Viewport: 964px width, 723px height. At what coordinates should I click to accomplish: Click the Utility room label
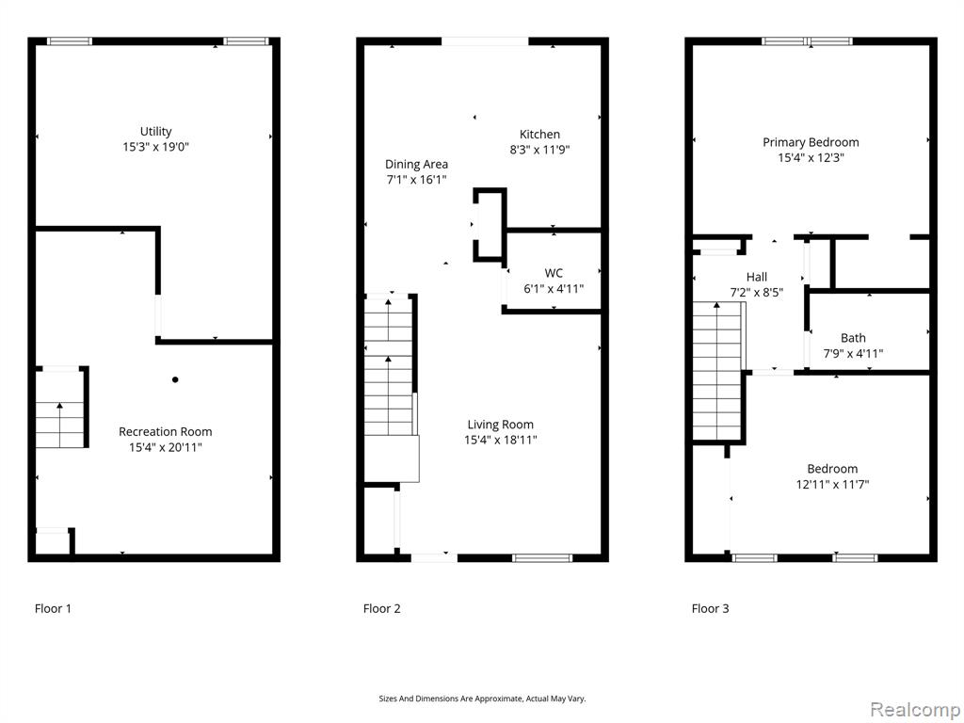point(155,132)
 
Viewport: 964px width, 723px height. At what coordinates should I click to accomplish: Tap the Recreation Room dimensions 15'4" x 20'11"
point(166,447)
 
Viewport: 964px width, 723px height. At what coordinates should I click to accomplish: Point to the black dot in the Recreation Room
point(175,380)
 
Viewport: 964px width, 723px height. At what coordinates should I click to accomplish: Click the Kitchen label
point(539,135)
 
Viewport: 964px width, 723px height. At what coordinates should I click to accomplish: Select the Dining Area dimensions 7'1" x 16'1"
point(416,180)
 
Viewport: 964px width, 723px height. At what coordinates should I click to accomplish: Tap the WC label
point(554,273)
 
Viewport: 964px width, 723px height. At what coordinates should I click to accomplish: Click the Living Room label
point(501,425)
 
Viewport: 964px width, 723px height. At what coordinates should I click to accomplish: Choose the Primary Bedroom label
point(811,143)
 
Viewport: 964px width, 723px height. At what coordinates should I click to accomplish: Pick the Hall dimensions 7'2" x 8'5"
point(756,293)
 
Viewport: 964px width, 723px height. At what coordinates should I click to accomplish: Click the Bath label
point(853,338)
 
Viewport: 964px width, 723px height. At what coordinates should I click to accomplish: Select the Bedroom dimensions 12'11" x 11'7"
point(832,485)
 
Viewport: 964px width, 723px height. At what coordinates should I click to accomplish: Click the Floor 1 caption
point(53,609)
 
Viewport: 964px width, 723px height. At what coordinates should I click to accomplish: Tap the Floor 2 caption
point(382,609)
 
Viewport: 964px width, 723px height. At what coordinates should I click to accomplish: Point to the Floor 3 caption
point(710,609)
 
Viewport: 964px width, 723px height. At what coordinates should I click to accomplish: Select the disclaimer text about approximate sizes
point(482,699)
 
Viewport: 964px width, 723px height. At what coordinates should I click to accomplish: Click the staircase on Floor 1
point(59,425)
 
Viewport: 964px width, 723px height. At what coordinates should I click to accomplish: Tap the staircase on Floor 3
point(717,371)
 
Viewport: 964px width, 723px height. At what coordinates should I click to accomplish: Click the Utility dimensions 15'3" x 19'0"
point(155,148)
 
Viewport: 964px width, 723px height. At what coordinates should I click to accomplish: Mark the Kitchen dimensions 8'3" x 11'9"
point(539,150)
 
